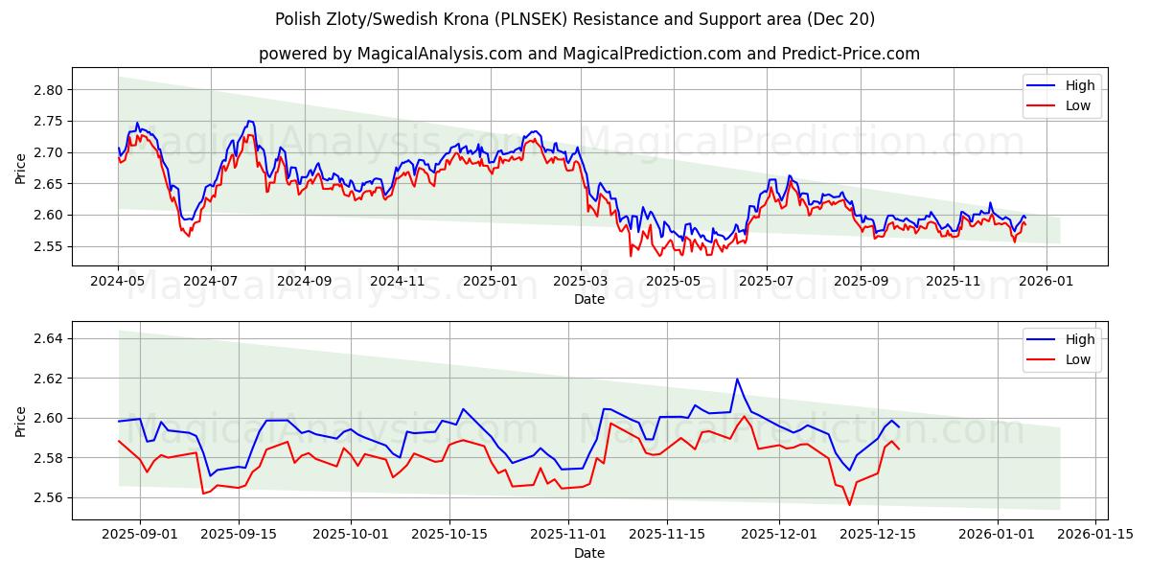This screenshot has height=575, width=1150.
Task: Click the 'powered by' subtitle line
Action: coord(588,54)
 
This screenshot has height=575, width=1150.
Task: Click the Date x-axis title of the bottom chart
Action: coord(588,553)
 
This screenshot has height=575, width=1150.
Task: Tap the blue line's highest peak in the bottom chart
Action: coord(737,379)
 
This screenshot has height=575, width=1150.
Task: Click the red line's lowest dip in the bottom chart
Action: coord(849,505)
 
